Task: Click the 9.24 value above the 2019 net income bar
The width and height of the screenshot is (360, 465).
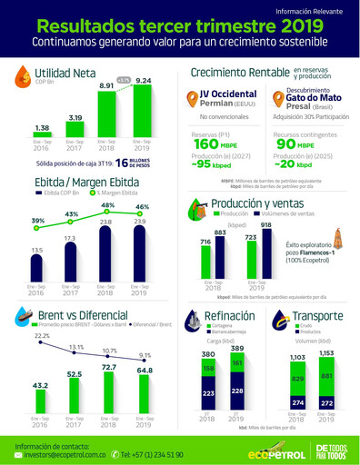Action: point(144,81)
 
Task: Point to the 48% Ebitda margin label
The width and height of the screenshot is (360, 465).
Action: point(107,206)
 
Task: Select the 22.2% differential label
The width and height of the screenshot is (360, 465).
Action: point(41,336)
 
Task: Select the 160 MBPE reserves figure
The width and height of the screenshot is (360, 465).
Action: point(205,144)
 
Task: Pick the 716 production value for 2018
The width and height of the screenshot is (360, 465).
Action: point(205,242)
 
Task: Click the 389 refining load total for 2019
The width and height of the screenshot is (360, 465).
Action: point(235,349)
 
